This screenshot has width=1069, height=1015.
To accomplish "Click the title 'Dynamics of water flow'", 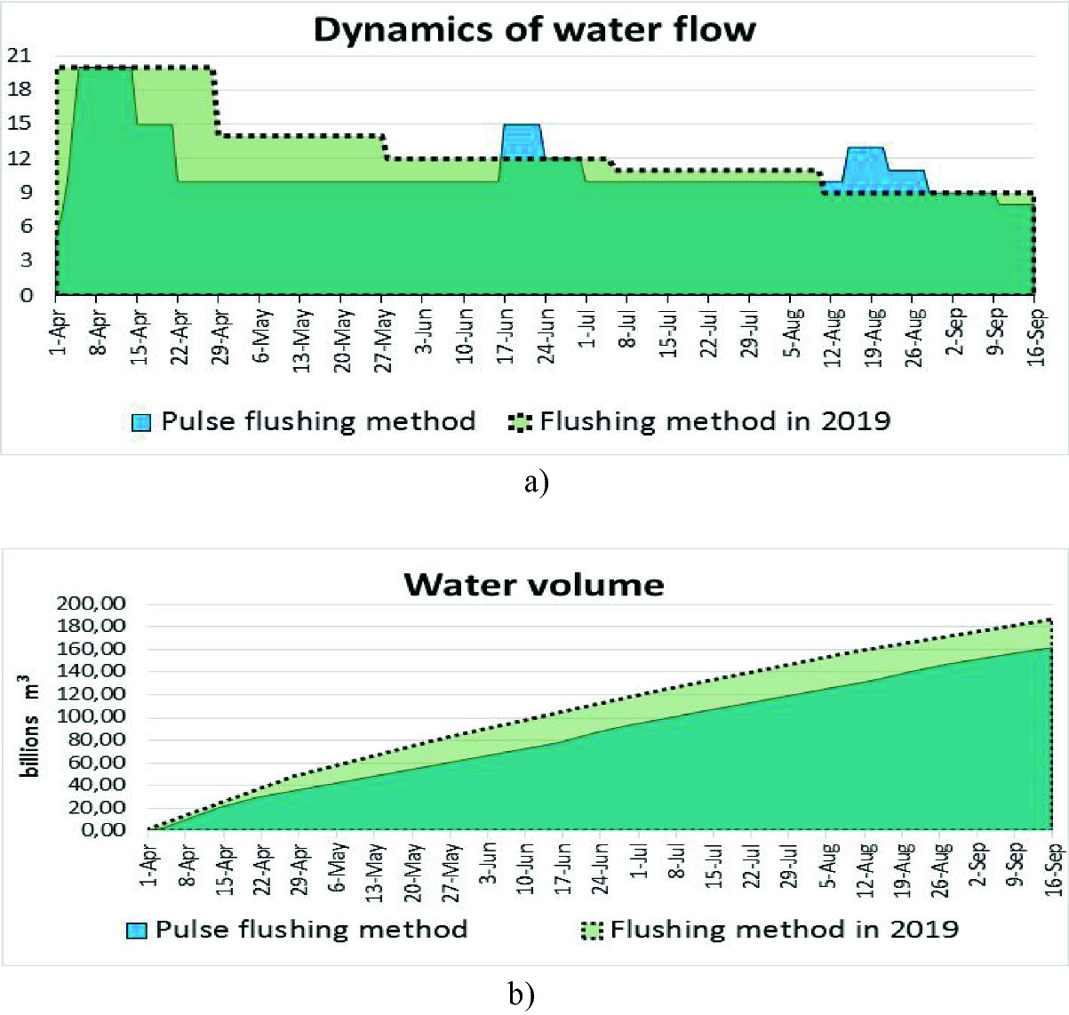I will click(x=534, y=29).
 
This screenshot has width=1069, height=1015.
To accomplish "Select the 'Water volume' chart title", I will click(x=534, y=584).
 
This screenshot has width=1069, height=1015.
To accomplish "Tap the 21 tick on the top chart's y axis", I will click(x=18, y=55).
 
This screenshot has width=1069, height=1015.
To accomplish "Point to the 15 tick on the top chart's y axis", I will click(x=18, y=124).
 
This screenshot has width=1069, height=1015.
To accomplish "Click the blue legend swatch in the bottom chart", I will click(x=136, y=931).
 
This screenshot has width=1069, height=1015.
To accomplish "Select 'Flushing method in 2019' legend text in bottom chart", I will click(x=784, y=930).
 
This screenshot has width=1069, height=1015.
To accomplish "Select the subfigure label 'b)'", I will click(x=522, y=994).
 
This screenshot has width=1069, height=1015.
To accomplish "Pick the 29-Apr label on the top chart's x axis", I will click(x=221, y=331).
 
